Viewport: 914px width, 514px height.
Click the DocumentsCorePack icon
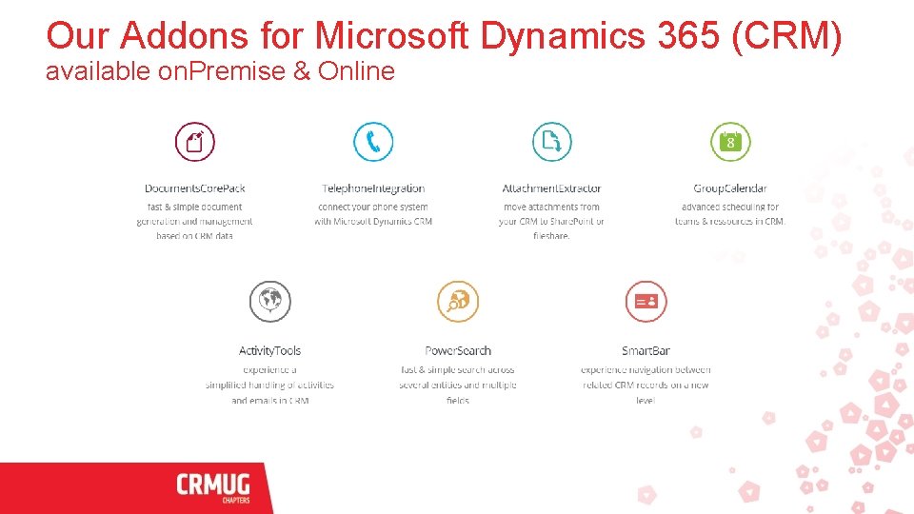click(195, 142)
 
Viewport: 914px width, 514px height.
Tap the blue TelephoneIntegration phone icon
click(373, 142)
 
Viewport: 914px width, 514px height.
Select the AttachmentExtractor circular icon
click(551, 142)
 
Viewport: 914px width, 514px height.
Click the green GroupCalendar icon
click(730, 142)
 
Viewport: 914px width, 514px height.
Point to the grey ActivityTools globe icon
click(269, 302)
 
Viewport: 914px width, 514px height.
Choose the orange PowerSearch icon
click(458, 302)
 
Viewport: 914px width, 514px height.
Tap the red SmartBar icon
click(646, 302)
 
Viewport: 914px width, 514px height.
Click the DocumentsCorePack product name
click(195, 188)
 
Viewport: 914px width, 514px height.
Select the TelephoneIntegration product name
click(373, 188)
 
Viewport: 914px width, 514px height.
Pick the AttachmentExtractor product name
click(551, 188)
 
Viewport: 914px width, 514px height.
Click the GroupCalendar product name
click(730, 188)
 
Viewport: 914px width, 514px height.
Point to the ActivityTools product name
click(269, 351)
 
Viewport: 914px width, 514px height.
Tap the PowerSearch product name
click(458, 351)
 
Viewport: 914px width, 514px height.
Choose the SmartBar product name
click(646, 351)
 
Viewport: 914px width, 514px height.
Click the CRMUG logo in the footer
click(213, 487)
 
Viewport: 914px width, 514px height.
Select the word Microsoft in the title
click(392, 36)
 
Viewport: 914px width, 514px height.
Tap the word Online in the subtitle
click(356, 71)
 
